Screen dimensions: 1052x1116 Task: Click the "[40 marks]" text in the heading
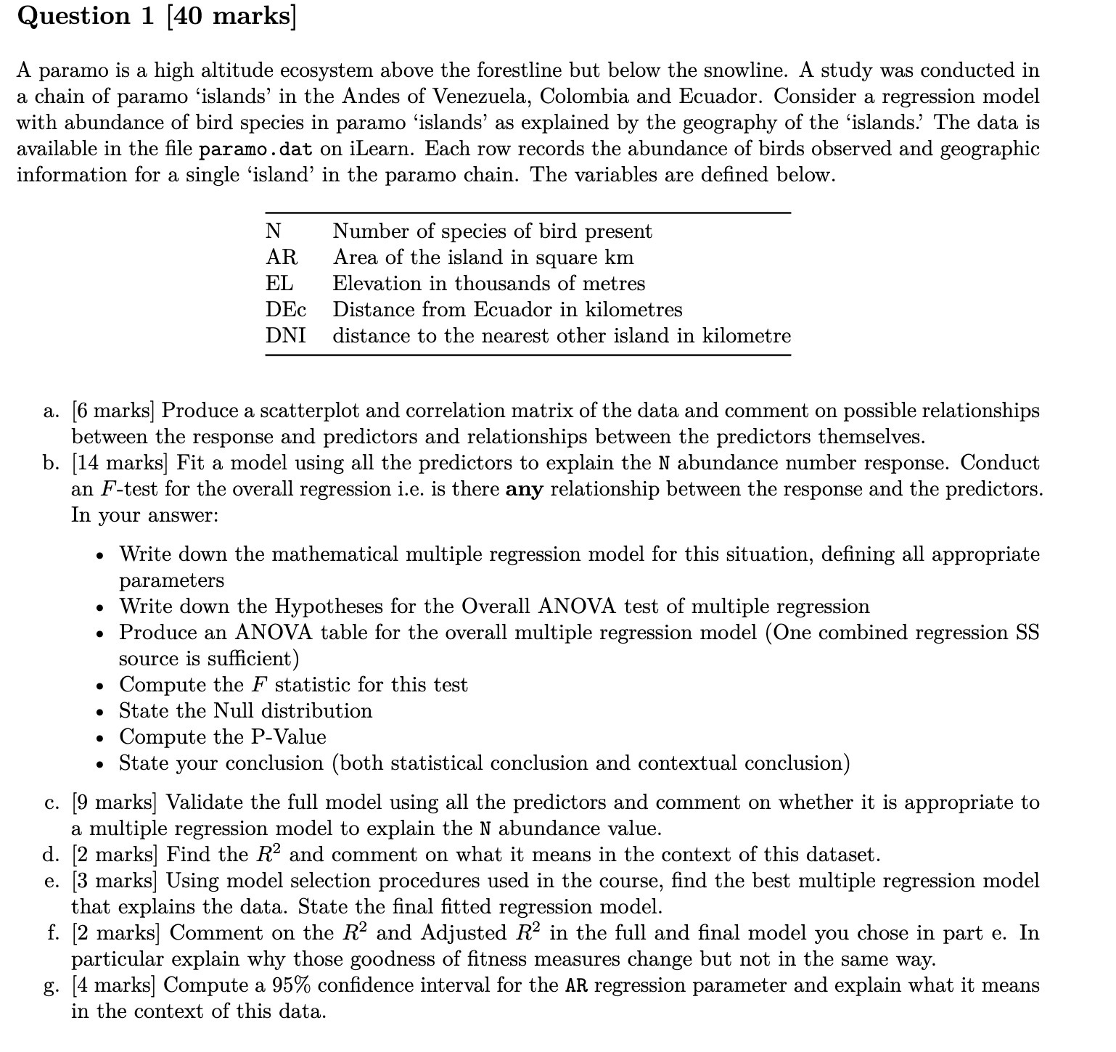pos(231,16)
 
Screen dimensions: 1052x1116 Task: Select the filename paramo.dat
pos(255,149)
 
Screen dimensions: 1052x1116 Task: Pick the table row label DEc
pos(285,310)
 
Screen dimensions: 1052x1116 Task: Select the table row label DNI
pos(285,336)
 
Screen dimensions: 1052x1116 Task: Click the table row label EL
pos(279,284)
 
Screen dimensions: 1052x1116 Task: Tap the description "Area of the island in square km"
pos(483,258)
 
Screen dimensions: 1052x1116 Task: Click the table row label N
pos(274,231)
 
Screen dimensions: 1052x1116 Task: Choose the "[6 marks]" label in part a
pos(113,411)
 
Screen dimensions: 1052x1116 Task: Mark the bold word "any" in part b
pos(524,490)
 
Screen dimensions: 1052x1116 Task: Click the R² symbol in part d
pos(270,854)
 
